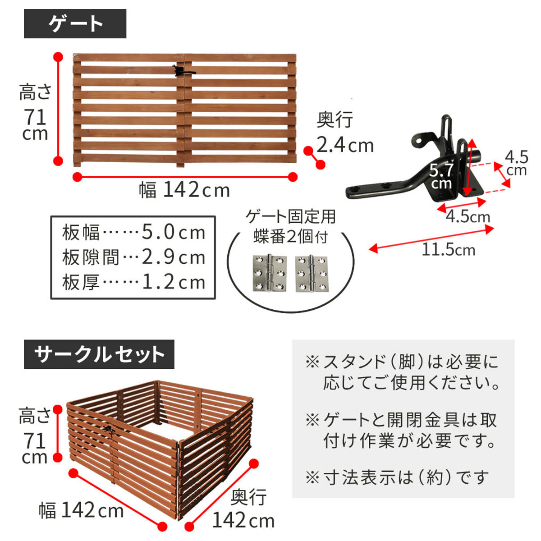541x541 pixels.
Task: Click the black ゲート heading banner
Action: click(x=75, y=23)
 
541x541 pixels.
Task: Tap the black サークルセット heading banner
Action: click(x=99, y=354)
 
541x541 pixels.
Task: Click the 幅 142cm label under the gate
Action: click(x=184, y=190)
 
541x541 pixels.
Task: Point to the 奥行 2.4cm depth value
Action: click(x=345, y=146)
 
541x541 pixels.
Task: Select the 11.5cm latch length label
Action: click(x=448, y=249)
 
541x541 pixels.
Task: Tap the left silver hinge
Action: click(x=270, y=274)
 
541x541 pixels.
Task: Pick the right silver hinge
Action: click(x=312, y=274)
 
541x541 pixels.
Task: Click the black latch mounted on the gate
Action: click(x=183, y=71)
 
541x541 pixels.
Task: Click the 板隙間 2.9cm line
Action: click(x=133, y=257)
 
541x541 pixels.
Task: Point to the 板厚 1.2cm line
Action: click(x=133, y=282)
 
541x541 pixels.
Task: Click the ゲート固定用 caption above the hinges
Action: click(x=291, y=217)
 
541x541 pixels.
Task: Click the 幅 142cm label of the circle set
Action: click(x=81, y=510)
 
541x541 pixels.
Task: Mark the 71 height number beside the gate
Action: click(x=35, y=117)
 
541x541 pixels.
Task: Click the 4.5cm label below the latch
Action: click(x=468, y=217)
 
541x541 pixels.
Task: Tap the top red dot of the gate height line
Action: click(x=58, y=57)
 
